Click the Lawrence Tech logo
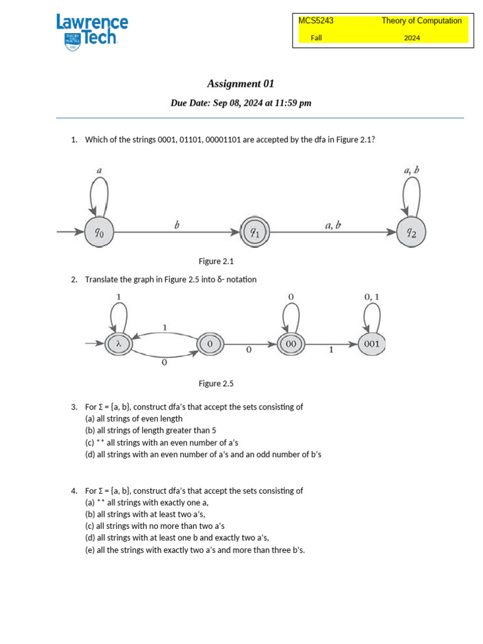[92, 32]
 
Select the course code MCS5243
[316, 21]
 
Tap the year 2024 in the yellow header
[412, 38]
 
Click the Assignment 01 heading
[241, 84]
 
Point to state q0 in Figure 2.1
[99, 233]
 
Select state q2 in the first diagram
[410, 233]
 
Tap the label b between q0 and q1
[177, 225]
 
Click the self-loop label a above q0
[99, 170]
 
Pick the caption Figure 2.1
[216, 261]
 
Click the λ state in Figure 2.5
[118, 344]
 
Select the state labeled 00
[291, 344]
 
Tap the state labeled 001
[371, 344]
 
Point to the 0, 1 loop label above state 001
[371, 296]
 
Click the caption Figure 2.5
[216, 383]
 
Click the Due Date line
[241, 103]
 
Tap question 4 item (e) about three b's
[195, 550]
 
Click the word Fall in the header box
[316, 38]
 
